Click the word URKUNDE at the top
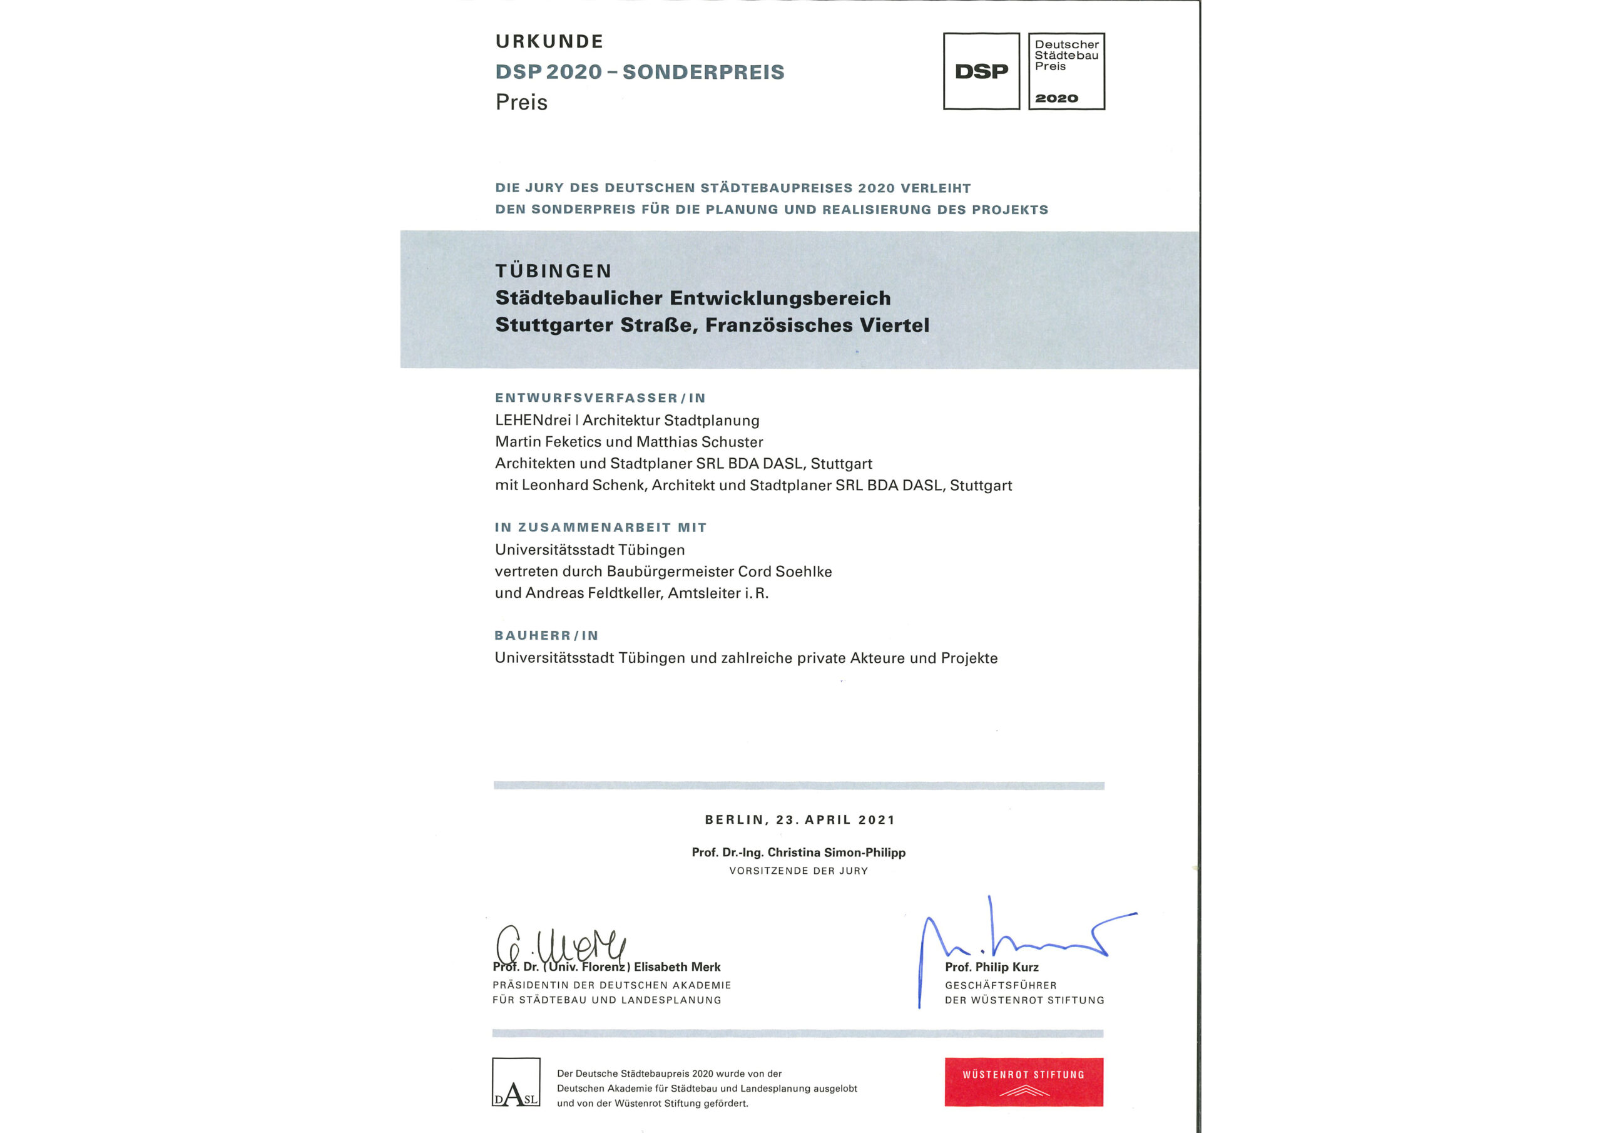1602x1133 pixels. (x=549, y=42)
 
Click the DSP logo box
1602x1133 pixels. (x=981, y=71)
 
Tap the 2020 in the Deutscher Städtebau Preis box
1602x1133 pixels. (x=1056, y=98)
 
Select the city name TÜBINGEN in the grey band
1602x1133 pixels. (x=553, y=271)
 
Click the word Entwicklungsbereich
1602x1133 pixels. (x=780, y=298)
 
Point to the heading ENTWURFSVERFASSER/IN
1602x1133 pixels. (x=600, y=398)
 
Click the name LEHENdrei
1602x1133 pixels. (x=533, y=420)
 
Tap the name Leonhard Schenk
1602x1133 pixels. (x=583, y=485)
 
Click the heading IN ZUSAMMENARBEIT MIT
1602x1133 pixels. (x=600, y=528)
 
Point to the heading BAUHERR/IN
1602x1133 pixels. (x=546, y=635)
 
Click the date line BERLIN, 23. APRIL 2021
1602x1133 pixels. (x=800, y=819)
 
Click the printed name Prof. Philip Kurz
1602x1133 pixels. (x=991, y=967)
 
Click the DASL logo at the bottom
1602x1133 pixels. (x=516, y=1082)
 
